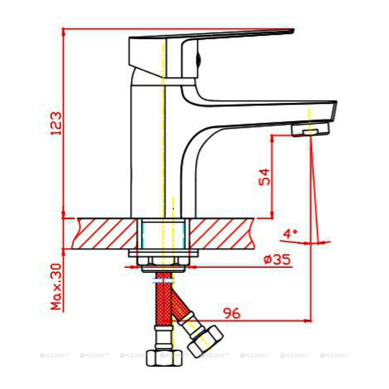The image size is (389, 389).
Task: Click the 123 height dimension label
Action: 56,123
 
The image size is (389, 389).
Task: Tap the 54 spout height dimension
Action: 264,177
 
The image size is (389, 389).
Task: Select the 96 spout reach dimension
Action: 232,313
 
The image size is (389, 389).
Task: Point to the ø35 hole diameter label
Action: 277,259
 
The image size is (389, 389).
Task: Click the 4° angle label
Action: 290,234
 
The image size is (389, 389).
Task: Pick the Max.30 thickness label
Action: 56,287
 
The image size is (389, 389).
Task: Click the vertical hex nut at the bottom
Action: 164,357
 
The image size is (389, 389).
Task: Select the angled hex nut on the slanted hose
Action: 206,342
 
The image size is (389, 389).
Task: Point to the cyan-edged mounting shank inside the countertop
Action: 163,234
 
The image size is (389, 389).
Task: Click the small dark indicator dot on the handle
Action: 198,60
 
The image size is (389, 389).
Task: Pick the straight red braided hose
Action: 164,299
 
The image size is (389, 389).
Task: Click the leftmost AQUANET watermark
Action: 54,356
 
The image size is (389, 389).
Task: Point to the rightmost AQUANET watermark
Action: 335,356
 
